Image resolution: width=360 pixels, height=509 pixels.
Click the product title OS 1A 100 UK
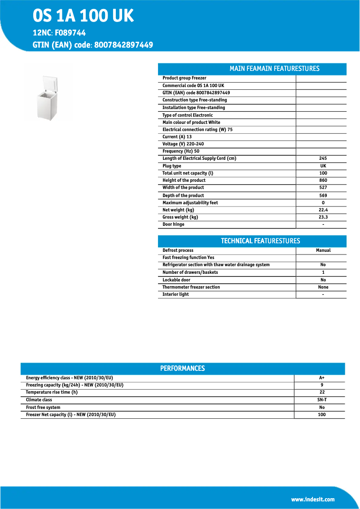pyautogui.click(x=83, y=16)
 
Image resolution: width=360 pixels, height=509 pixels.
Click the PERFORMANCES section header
pyautogui.click(x=182, y=369)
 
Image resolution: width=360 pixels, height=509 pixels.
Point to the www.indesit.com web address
pyautogui.click(x=313, y=499)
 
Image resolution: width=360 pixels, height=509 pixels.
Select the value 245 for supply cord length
pyautogui.click(x=323, y=158)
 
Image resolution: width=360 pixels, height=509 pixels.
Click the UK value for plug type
pyautogui.click(x=323, y=166)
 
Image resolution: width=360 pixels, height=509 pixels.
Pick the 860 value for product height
pyautogui.click(x=323, y=180)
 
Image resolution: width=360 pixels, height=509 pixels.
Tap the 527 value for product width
pyautogui.click(x=323, y=188)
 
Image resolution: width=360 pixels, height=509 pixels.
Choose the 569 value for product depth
pyautogui.click(x=323, y=196)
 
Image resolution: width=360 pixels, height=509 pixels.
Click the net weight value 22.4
pyautogui.click(x=323, y=210)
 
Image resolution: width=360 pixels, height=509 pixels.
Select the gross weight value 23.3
pyautogui.click(x=323, y=217)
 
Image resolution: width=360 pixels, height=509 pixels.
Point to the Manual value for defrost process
pyautogui.click(x=323, y=250)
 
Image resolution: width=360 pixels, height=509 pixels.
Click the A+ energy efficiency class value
pyautogui.click(x=322, y=378)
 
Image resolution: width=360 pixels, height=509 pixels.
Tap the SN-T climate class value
pyautogui.click(x=322, y=400)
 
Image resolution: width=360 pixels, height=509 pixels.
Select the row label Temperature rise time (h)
pyautogui.click(x=52, y=392)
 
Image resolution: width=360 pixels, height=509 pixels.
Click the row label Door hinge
pyautogui.click(x=173, y=224)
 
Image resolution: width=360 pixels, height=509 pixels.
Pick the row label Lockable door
pyautogui.click(x=176, y=280)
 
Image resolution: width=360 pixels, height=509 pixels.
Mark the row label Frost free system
pyautogui.click(x=43, y=408)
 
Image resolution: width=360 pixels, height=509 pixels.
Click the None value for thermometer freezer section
pyautogui.click(x=323, y=287)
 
